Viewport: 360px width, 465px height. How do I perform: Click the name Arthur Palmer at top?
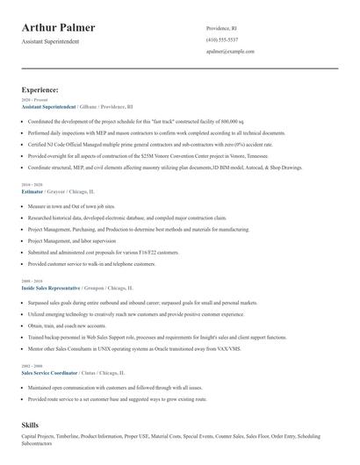click(x=59, y=28)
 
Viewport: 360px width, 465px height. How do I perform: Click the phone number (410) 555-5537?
click(x=222, y=39)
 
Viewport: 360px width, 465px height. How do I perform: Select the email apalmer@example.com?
click(x=230, y=51)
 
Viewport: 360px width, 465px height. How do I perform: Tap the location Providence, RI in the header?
click(x=223, y=28)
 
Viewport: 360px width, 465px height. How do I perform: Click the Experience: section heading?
click(x=40, y=89)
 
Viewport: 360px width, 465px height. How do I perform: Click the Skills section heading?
click(x=30, y=425)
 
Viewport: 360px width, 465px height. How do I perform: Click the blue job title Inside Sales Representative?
click(x=51, y=287)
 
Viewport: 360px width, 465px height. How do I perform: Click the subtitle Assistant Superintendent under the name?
click(x=50, y=41)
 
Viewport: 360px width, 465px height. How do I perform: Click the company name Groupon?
click(x=97, y=287)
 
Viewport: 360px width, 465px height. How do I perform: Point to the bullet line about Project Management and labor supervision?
click(x=72, y=240)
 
